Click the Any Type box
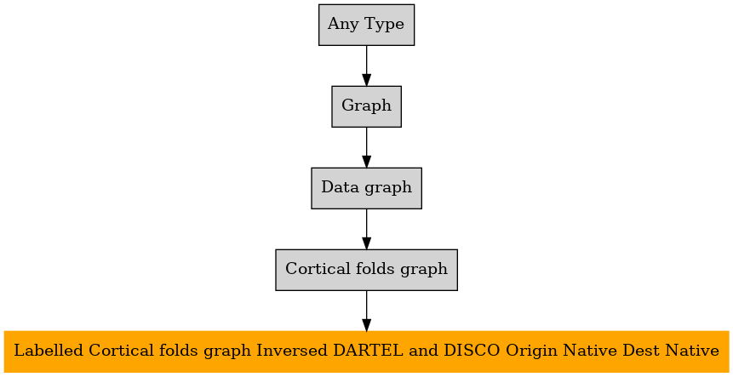tap(366, 25)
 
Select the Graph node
tap(366, 106)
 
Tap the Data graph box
tap(366, 188)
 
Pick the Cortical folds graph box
tap(366, 270)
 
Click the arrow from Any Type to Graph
tap(366, 66)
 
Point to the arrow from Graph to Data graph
tap(366, 147)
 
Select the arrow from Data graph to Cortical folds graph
tap(366, 230)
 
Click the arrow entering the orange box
tap(366, 311)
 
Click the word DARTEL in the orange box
tap(368, 350)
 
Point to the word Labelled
tap(49, 350)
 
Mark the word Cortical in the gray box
tap(316, 269)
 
